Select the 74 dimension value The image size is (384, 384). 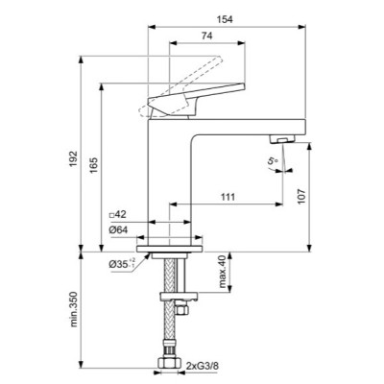click(206, 36)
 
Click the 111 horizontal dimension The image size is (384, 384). click(228, 197)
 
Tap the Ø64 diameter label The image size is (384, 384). click(119, 229)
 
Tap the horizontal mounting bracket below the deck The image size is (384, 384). click(173, 289)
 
